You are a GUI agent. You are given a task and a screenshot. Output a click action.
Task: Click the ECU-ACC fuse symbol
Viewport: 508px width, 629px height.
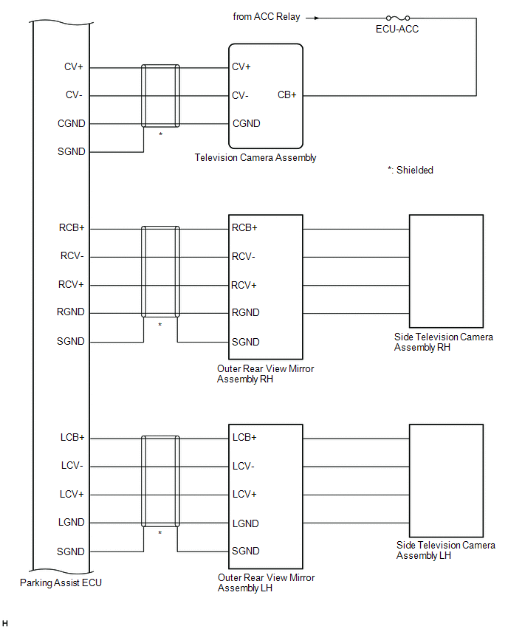tap(398, 18)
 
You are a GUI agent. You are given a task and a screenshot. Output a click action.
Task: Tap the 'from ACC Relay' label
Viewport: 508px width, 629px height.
tap(267, 17)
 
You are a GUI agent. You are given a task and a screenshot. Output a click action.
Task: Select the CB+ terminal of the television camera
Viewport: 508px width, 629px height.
tap(287, 95)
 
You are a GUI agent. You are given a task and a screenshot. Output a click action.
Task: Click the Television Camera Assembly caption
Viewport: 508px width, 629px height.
tap(255, 158)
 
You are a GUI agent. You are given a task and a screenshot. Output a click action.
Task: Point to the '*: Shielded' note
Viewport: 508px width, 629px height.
tap(410, 170)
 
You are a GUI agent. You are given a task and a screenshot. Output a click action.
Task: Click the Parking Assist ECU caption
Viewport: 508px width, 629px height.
tap(61, 583)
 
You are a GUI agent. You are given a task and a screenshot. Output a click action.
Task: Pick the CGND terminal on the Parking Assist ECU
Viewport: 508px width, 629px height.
tap(72, 123)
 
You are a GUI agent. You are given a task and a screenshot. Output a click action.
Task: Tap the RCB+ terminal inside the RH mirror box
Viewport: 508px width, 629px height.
tap(244, 228)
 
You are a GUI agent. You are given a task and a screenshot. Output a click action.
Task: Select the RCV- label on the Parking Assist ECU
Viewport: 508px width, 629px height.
tap(72, 256)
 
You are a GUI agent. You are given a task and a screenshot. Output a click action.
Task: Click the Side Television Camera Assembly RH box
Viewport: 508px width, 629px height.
tap(446, 271)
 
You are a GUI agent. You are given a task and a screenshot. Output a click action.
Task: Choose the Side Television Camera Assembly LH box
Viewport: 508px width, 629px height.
tap(446, 481)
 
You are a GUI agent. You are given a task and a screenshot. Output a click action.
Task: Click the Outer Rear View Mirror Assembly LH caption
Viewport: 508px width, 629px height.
tap(266, 583)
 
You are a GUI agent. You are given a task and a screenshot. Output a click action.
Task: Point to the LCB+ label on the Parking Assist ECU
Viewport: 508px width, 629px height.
tap(72, 437)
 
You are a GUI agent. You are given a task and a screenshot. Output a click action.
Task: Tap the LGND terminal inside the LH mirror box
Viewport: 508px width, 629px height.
tap(246, 523)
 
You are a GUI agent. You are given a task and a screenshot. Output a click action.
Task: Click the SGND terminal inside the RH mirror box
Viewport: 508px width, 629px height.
tap(246, 342)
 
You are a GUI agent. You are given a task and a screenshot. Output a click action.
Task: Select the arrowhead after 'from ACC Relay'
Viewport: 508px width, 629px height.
tap(317, 18)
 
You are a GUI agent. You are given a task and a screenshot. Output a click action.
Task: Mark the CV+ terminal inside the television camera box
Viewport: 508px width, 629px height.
tap(241, 66)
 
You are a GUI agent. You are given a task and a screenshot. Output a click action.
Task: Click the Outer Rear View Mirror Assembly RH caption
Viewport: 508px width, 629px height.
tap(265, 374)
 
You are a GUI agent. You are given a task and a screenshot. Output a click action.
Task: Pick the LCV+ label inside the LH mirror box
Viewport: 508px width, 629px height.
tap(244, 494)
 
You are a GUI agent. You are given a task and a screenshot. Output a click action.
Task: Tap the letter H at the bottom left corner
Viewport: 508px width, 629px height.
tap(5, 623)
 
